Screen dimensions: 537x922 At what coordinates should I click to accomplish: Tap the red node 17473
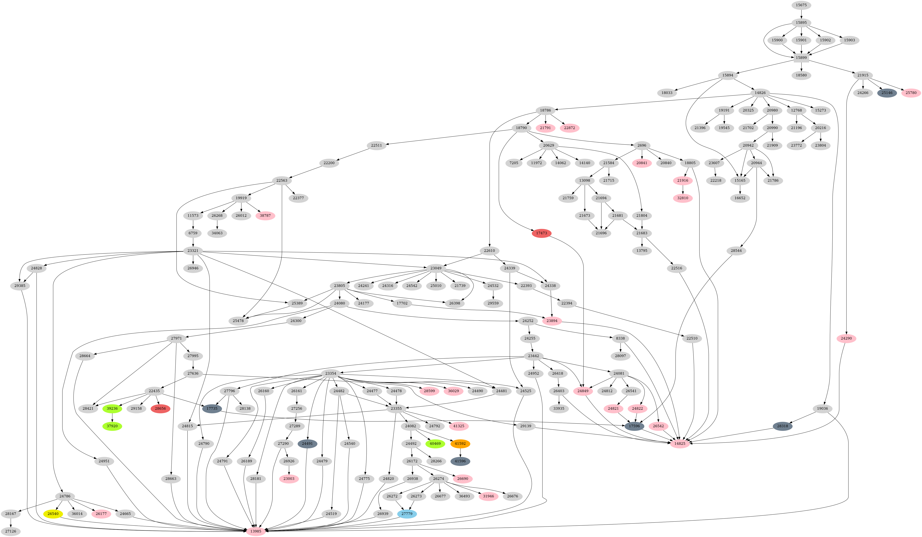point(542,233)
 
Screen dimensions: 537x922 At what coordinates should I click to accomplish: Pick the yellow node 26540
point(53,514)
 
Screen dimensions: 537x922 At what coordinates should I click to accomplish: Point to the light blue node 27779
point(407,514)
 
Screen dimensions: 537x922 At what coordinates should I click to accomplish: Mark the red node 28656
point(160,409)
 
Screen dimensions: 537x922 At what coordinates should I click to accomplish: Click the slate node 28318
point(783,426)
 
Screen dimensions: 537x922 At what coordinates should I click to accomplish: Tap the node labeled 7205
point(514,163)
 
